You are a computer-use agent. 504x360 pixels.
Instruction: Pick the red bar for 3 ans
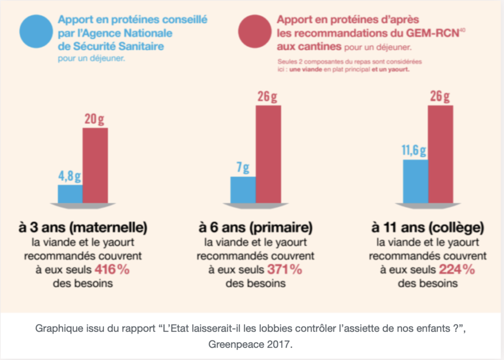95,165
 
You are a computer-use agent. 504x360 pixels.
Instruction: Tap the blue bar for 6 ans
243,189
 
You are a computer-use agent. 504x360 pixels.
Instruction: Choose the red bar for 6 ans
268,153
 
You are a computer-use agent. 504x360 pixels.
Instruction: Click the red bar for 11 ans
441,153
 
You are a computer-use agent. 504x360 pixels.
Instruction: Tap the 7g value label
243,168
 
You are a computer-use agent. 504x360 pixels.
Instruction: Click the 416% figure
112,270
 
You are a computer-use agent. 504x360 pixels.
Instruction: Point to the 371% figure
284,270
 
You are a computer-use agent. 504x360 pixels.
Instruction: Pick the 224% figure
457,270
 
